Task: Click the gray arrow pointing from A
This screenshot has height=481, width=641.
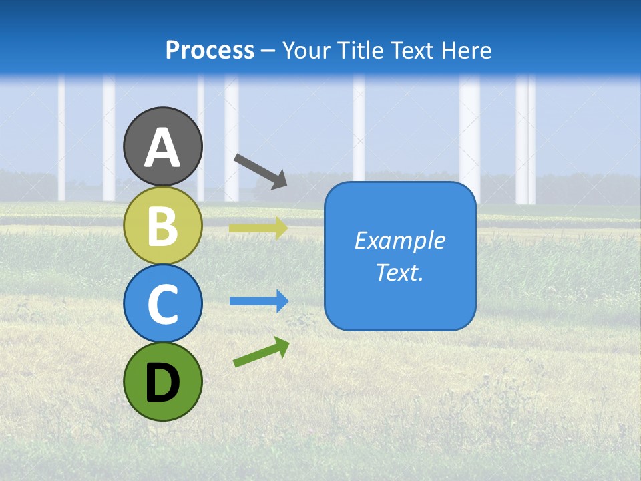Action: coord(260,170)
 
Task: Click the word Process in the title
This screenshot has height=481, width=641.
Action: coord(210,50)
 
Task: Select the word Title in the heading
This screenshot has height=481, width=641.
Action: coord(356,50)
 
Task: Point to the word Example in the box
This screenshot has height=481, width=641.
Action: coord(400,240)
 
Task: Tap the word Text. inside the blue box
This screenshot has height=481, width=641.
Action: coord(400,272)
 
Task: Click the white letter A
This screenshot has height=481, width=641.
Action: coord(162,148)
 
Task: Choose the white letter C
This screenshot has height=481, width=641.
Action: coord(162,305)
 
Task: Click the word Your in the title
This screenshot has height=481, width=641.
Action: coord(306,50)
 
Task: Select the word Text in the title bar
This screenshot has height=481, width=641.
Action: coord(409,50)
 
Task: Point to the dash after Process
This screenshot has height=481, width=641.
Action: coord(268,51)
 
